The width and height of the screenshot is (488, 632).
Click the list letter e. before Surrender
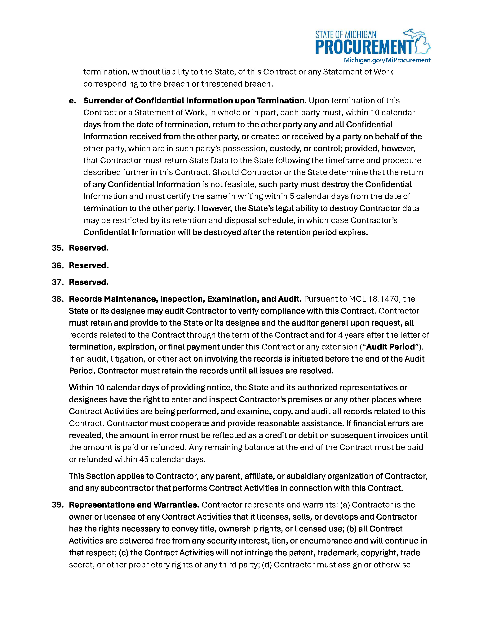pyautogui.click(x=72, y=101)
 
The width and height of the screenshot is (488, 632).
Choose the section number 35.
pyautogui.click(x=58, y=248)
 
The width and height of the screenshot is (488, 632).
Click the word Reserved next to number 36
pyautogui.click(x=88, y=265)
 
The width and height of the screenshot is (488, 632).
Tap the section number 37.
pyautogui.click(x=58, y=282)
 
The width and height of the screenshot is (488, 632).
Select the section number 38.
pyautogui.click(x=58, y=299)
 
